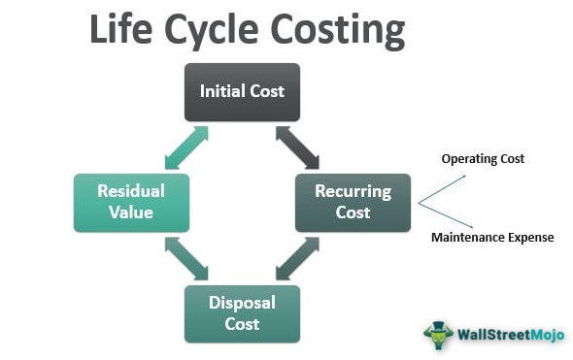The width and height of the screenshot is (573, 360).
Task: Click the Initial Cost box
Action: [x=242, y=92]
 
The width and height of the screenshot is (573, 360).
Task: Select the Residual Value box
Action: [x=131, y=203]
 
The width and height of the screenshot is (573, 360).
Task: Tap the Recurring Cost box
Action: [x=353, y=203]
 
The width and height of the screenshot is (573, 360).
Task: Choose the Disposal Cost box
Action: [x=242, y=314]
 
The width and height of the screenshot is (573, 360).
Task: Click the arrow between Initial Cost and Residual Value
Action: [x=186, y=147]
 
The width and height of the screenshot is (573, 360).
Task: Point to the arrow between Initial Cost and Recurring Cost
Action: [x=297, y=147]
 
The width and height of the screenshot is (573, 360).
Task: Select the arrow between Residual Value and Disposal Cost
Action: [x=186, y=258]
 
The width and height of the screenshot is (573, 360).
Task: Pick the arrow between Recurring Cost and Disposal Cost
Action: [x=297, y=258]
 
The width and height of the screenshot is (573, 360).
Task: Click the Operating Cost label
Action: [x=483, y=159]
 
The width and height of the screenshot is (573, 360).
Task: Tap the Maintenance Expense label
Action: [x=492, y=238]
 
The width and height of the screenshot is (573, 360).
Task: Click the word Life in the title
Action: [x=120, y=29]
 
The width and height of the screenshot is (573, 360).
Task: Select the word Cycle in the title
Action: [x=212, y=32]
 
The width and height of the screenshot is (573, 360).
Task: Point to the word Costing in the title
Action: [x=338, y=32]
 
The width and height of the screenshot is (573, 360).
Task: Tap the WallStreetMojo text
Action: [x=511, y=335]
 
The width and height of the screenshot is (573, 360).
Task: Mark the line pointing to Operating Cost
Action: [x=442, y=189]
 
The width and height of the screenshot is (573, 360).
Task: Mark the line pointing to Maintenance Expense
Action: [x=446, y=215]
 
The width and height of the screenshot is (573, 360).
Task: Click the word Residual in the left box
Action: [x=131, y=191]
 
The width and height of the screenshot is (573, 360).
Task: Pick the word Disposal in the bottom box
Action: [x=242, y=304]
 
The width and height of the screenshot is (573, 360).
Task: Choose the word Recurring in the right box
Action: [x=353, y=192]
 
